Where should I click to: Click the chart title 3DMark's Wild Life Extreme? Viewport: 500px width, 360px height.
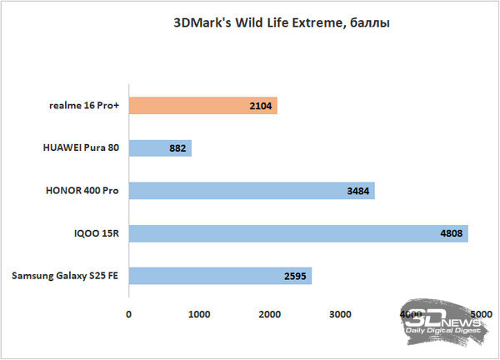281,23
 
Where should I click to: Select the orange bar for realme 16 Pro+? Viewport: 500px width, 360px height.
202,106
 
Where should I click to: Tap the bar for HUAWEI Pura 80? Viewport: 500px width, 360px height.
160,148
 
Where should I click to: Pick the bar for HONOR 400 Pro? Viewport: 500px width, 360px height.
252,191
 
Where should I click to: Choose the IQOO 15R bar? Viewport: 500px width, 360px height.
298,233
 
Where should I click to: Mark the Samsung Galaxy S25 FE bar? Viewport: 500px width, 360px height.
220,276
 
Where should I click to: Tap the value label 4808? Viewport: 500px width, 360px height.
452,233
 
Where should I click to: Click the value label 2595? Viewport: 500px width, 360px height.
296,276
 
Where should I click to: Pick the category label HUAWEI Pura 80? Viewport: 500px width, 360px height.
81,148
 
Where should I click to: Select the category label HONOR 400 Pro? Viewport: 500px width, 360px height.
81,191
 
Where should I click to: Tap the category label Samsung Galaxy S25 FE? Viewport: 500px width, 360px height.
66,276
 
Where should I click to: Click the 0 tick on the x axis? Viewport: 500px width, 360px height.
129,314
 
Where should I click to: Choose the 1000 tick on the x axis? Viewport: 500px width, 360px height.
199,314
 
